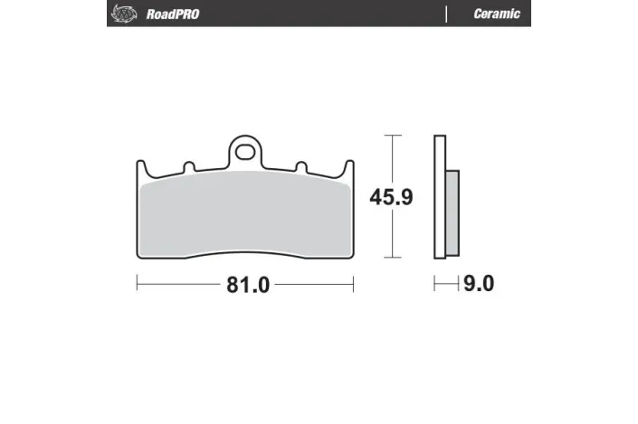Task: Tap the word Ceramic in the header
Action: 497,14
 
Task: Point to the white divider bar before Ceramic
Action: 447,14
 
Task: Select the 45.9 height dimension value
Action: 391,197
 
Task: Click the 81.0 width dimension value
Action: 245,285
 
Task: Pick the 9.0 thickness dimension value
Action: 479,285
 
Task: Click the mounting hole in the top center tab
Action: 243,150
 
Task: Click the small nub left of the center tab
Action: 188,166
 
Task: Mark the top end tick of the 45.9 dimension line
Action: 391,136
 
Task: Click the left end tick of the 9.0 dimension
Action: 434,284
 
